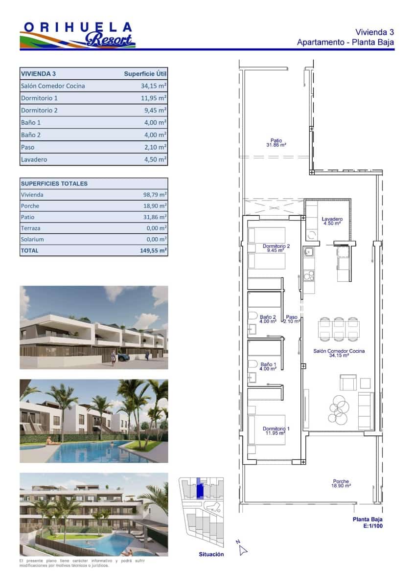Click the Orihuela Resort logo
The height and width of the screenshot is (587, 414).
coord(77,35)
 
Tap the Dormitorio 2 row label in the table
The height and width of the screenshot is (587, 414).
coord(39,111)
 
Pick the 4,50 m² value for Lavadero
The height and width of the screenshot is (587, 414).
coord(153,159)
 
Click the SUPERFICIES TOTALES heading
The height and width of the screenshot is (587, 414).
coord(54,183)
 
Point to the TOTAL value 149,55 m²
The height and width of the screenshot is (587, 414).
coord(153,250)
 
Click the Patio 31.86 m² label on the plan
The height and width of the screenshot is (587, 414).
coord(276,143)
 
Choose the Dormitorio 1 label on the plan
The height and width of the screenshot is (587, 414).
coord(276,431)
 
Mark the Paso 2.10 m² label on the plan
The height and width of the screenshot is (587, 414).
coord(292,319)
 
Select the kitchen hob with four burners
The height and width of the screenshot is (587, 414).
coord(308,276)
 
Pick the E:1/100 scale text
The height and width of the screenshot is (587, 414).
coord(372,527)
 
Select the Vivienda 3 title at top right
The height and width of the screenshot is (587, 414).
coord(374,32)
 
